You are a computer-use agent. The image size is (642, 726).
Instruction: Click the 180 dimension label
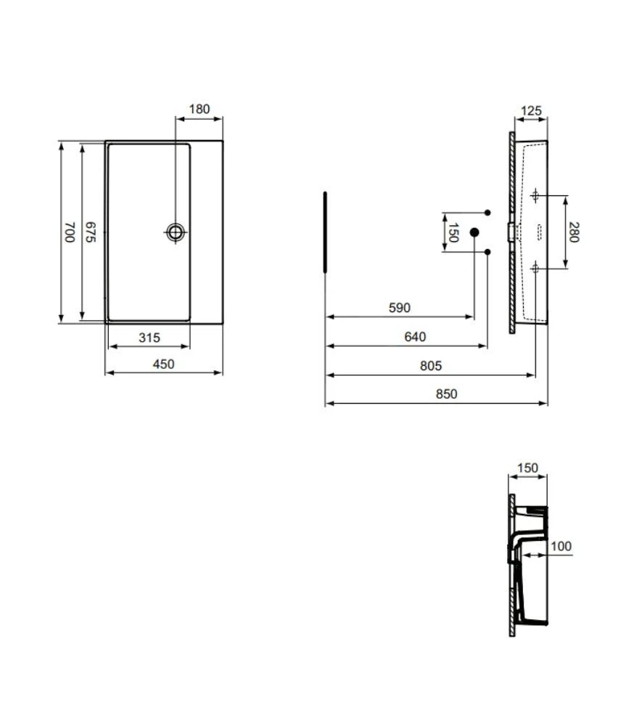point(199,110)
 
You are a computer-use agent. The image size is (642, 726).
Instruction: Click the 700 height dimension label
point(70,232)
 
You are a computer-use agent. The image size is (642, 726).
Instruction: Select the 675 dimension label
point(91,232)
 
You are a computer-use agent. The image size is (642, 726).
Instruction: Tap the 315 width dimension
point(149,338)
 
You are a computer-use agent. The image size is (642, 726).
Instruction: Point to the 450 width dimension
point(163,364)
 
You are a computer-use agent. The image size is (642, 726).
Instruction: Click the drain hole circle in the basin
point(176,232)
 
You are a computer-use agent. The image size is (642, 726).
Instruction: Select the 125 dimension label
point(531,111)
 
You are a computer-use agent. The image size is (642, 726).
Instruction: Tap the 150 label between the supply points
point(453,232)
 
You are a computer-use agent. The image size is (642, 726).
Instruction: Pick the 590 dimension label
point(399,308)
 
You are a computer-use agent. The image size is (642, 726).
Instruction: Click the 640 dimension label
point(415,337)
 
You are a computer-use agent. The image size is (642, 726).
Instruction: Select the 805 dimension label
point(430,366)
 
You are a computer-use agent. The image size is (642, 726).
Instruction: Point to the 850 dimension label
point(446,394)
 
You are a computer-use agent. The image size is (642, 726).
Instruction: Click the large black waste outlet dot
point(474,232)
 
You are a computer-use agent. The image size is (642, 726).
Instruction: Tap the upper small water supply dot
point(487,212)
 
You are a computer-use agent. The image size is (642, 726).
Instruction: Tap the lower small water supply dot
point(487,252)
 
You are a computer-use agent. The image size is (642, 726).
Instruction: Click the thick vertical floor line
point(326,232)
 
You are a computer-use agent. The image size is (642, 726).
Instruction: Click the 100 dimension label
point(561,546)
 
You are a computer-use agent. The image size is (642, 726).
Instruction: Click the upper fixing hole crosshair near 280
point(535,195)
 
